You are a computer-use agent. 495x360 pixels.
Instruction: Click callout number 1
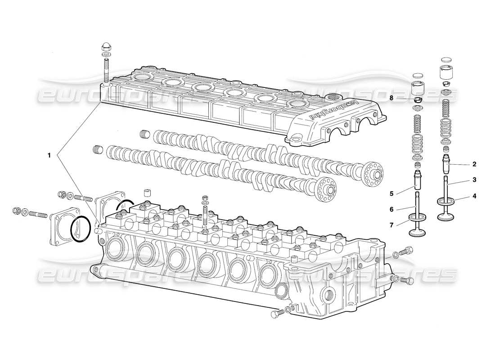[x=49, y=155]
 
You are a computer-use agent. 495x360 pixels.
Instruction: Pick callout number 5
[x=391, y=194]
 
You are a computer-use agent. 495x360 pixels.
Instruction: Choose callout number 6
[x=391, y=209]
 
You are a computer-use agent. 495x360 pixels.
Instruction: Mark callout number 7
[x=391, y=225]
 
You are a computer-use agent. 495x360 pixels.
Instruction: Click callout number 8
[x=391, y=98]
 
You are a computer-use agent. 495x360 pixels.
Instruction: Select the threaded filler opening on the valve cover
[x=333, y=97]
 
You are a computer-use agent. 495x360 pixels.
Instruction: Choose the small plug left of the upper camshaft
[x=144, y=134]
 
